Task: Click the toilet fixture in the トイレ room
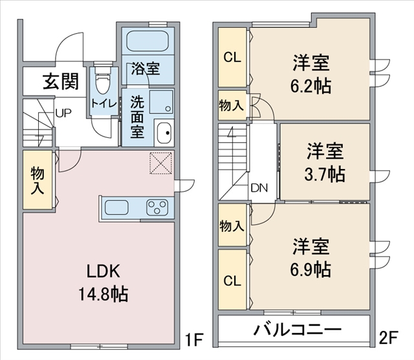[102, 80]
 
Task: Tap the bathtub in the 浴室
[147, 41]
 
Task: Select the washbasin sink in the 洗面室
[164, 133]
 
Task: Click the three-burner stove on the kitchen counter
[158, 207]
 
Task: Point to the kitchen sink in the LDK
[116, 207]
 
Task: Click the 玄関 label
[61, 81]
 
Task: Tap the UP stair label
[63, 113]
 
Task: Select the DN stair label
[259, 188]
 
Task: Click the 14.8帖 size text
[103, 294]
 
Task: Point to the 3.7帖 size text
[325, 174]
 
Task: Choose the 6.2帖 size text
[310, 85]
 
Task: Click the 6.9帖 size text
[310, 269]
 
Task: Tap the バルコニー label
[298, 330]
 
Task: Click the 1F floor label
[194, 339]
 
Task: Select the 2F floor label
[388, 338]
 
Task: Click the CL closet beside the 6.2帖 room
[232, 57]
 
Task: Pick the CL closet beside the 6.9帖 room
[232, 280]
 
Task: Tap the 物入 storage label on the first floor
[38, 181]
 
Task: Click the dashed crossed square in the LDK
[161, 163]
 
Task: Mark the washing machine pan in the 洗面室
[161, 102]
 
